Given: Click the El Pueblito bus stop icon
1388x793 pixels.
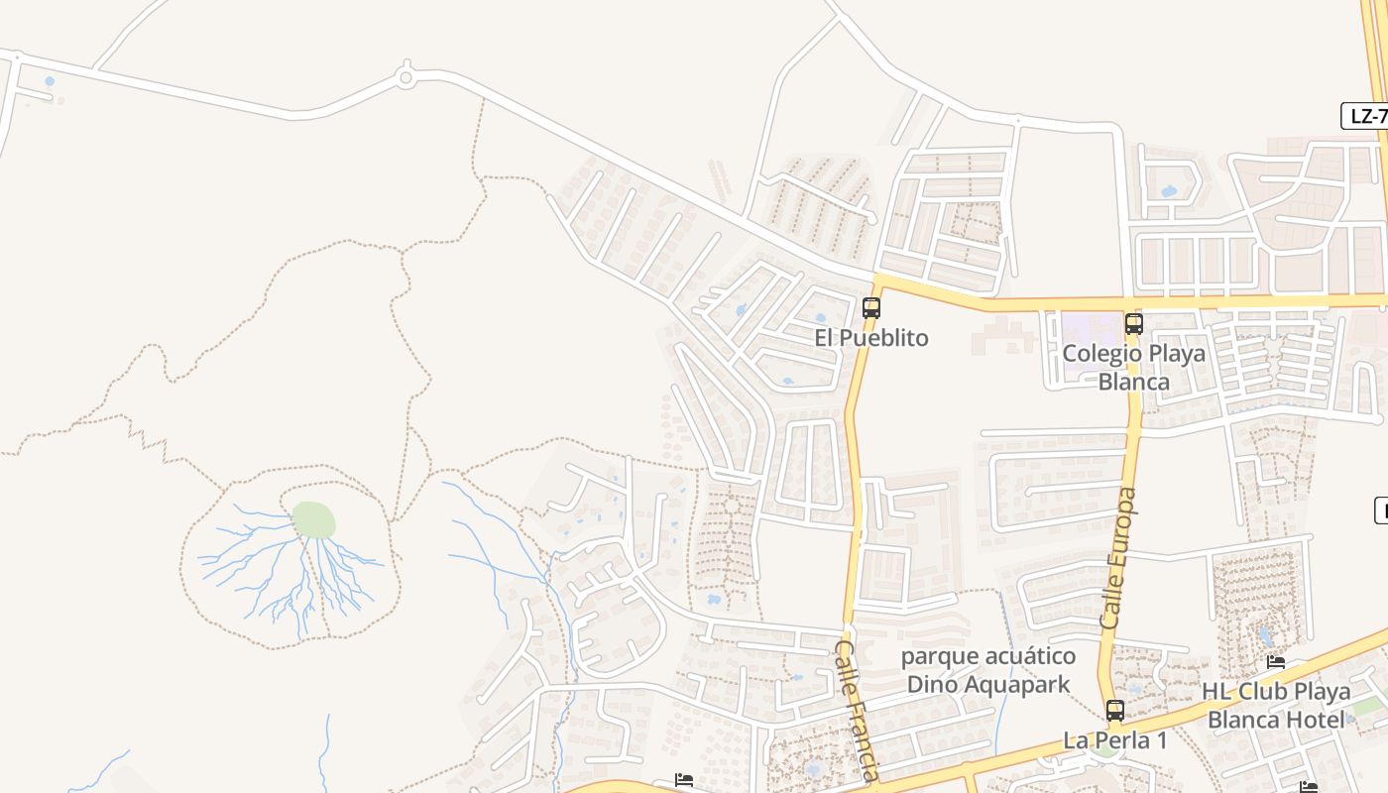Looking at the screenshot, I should point(871,308).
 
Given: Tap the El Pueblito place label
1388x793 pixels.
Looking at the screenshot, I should point(871,338).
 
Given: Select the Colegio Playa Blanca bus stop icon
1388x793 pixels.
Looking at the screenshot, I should point(1133,324).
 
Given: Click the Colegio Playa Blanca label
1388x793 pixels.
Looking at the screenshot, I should point(1134,368).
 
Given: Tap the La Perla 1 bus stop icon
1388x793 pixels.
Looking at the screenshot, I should point(1115,711).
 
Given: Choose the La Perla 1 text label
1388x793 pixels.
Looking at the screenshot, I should point(1115,740).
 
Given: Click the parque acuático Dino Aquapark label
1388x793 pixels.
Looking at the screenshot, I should point(988,670).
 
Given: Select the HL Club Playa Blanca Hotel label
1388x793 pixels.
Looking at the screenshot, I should point(1276,705).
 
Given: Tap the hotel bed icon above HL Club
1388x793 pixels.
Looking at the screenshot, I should point(1276,662).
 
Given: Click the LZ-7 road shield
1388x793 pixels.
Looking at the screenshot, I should point(1367,116).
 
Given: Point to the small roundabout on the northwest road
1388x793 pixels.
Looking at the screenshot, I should point(405,76).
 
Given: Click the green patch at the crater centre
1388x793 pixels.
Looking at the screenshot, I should point(313,519).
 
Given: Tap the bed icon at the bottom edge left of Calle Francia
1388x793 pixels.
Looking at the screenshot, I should point(683,780).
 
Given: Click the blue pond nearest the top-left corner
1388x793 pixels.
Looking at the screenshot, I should point(50,81).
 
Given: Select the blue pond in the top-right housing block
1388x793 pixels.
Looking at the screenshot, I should point(1170,190).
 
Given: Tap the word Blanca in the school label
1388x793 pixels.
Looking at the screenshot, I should point(1134,382).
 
